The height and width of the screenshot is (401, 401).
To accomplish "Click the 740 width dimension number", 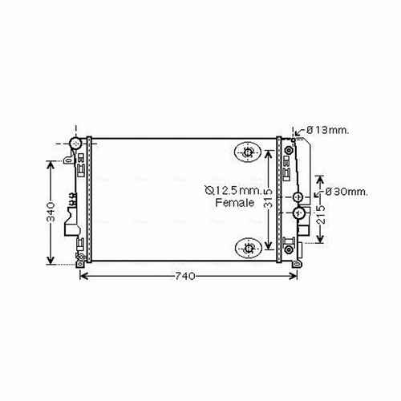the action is click(185, 276).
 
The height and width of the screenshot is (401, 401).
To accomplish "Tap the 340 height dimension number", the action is click(51, 212).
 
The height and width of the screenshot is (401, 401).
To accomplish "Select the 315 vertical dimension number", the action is click(268, 198).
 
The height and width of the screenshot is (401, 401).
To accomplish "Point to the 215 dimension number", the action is click(321, 214).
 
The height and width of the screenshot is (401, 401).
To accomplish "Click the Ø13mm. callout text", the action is click(328, 130).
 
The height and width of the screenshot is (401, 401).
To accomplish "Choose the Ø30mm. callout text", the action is click(346, 192).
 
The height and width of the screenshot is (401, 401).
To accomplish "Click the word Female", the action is click(235, 203).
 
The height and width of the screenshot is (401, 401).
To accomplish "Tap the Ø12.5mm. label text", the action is click(233, 190).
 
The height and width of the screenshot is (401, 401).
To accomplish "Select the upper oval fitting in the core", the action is click(248, 152).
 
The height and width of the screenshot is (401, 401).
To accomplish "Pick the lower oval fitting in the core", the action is click(248, 249).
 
